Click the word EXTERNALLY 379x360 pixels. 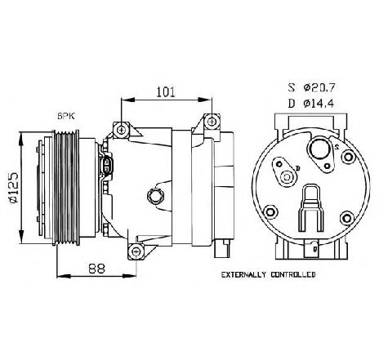[248, 275]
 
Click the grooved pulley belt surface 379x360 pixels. [74, 186]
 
